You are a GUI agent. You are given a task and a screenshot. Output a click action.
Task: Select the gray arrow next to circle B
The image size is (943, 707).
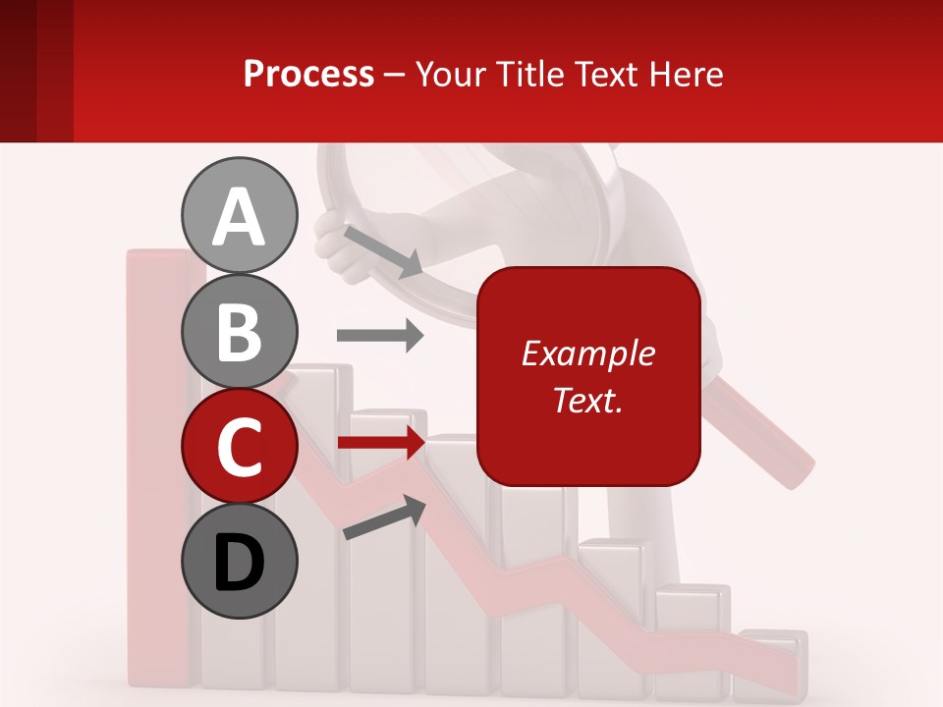coord(380,336)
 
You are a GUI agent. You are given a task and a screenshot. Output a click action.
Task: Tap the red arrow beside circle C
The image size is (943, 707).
coord(380,443)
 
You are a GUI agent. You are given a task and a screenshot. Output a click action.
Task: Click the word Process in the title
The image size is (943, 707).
coord(308,74)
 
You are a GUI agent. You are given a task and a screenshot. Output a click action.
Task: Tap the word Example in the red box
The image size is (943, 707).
coord(587,353)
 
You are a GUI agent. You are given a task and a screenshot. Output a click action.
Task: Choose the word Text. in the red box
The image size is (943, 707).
coord(587,400)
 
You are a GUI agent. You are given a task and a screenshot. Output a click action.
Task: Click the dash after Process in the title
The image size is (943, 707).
coord(395,76)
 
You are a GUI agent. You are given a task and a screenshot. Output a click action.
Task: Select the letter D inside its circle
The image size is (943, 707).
coord(239,563)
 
